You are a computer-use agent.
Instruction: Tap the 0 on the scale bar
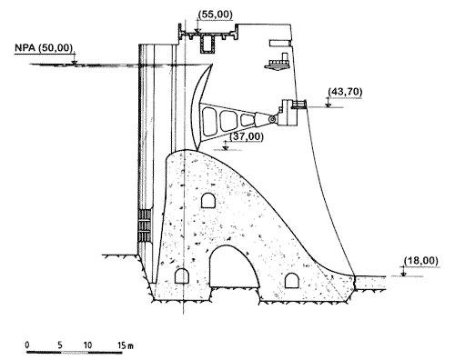[x=27, y=345]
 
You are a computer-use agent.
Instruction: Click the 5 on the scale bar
[x=60, y=345]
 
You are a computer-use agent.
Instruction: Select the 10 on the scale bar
[x=87, y=345]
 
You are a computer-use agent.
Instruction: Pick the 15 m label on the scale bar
[x=126, y=345]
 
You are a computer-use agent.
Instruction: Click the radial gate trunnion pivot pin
[x=272, y=120]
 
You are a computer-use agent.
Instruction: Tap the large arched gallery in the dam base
[x=234, y=266]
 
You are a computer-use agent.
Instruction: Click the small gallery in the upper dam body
[x=208, y=200]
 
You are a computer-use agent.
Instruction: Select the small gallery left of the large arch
[x=182, y=275]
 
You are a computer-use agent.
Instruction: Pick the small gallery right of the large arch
[x=292, y=280]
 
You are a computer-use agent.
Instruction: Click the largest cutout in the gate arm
[x=209, y=122]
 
